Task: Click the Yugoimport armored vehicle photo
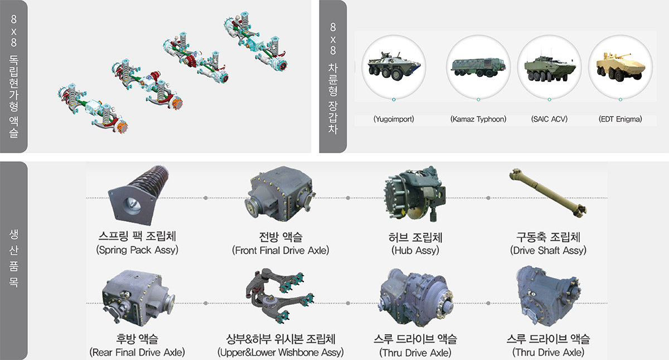pos(394,66)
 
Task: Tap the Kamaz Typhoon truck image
pos(478,67)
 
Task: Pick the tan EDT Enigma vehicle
pos(620,67)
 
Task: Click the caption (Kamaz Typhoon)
pos(478,119)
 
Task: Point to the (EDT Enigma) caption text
pos(620,119)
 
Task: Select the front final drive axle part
pos(280,194)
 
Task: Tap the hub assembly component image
pos(415,194)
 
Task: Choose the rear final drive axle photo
pos(138,298)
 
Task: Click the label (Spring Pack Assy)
pos(137,250)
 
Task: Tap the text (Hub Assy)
pos(415,250)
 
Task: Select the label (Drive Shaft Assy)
pos(548,250)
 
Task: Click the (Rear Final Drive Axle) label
pos(137,353)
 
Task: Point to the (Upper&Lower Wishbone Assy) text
pos(280,353)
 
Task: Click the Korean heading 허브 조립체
pos(415,237)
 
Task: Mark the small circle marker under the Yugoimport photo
pos(394,100)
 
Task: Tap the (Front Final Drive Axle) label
pos(280,250)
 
